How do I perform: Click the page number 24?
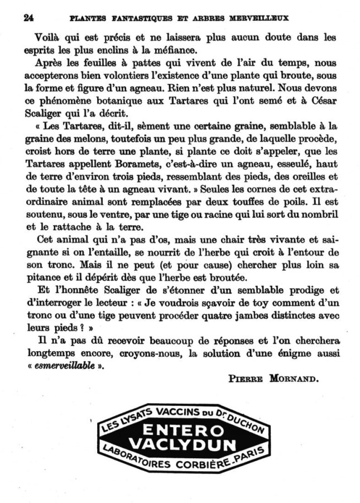(28, 17)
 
